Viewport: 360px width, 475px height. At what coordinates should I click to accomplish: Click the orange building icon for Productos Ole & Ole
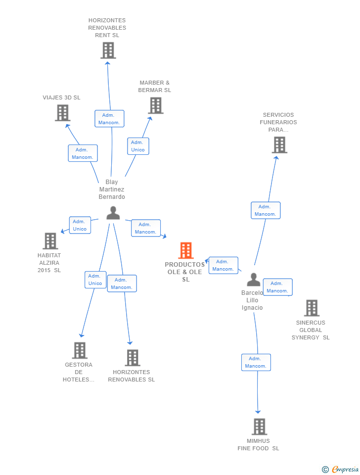click(186, 250)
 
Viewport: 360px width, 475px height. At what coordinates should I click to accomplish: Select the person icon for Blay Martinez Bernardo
click(113, 213)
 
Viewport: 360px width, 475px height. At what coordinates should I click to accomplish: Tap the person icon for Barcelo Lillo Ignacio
click(253, 280)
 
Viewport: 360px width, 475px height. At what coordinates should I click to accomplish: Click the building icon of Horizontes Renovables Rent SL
click(108, 50)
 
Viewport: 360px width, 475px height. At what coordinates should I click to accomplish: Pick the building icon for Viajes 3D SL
click(63, 113)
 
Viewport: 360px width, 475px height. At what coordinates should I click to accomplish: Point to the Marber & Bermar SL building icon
click(156, 105)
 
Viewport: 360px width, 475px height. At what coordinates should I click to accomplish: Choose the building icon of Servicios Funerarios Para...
click(279, 145)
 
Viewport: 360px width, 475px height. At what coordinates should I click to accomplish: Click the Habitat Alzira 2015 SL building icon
click(50, 241)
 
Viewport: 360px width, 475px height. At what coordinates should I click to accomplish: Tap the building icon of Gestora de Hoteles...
click(80, 350)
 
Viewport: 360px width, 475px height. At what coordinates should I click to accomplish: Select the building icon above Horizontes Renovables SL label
click(133, 358)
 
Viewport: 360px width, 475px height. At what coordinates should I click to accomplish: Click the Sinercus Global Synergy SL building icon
click(312, 308)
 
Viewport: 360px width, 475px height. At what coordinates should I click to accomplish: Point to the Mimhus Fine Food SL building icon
click(260, 427)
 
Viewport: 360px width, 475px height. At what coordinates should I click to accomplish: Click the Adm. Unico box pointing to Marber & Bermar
click(138, 146)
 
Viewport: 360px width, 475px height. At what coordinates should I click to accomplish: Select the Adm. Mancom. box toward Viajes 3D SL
click(83, 153)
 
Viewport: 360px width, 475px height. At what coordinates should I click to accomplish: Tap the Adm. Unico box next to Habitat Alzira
click(80, 225)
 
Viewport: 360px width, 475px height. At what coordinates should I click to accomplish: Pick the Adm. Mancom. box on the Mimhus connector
click(256, 362)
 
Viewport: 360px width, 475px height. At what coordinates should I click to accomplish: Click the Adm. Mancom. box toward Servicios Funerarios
click(266, 210)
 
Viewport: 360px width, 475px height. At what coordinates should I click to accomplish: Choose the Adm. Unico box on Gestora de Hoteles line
click(95, 280)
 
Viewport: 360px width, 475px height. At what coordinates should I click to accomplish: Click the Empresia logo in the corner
click(340, 469)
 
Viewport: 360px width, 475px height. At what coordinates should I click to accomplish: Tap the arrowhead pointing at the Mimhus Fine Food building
click(258, 412)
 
